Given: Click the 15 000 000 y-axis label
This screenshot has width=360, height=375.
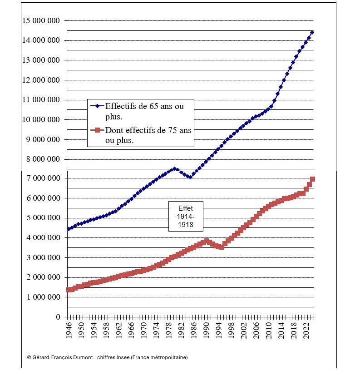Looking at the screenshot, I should (41, 20).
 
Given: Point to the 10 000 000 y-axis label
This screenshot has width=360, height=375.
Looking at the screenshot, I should (41, 120).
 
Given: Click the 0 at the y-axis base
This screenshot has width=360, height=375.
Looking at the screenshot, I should (58, 317).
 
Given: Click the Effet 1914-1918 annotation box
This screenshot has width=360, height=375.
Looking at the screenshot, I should (186, 216).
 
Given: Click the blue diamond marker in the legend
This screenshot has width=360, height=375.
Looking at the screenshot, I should (97, 106).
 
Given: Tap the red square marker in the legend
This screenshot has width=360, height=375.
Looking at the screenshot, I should (97, 131).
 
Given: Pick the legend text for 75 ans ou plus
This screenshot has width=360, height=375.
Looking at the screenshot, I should (148, 135).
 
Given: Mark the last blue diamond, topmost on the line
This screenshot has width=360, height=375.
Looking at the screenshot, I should (312, 32).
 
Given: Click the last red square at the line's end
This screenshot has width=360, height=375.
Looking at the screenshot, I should (312, 179).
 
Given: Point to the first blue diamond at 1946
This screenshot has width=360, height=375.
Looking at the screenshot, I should (69, 229).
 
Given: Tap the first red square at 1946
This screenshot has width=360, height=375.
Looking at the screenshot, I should (69, 290).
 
